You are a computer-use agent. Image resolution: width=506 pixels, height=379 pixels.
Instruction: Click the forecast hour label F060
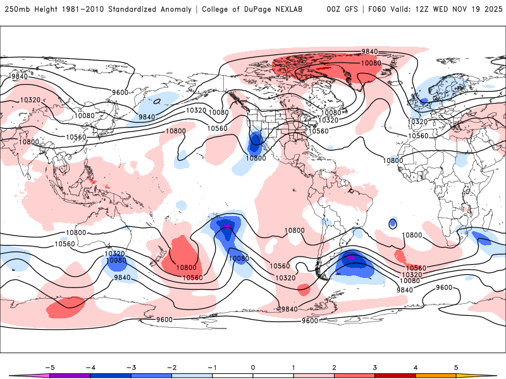tap(374, 9)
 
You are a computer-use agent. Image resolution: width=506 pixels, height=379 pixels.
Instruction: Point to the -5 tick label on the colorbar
tap(49, 366)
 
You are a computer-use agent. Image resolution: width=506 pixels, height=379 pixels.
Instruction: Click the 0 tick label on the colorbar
tap(253, 366)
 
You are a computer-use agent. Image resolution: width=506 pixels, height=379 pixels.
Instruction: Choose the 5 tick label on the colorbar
tap(456, 366)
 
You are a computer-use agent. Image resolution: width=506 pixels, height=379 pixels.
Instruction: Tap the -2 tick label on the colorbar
tap(171, 366)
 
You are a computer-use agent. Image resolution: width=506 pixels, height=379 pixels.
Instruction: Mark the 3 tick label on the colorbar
tap(375, 366)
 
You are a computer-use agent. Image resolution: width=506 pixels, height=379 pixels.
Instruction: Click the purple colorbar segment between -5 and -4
tap(70, 375)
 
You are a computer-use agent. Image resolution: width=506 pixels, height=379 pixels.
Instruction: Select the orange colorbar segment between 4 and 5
tap(435, 375)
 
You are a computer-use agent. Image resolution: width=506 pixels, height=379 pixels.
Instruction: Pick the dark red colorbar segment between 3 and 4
tap(395, 375)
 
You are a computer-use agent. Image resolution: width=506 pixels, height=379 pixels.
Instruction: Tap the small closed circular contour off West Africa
tap(393, 223)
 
